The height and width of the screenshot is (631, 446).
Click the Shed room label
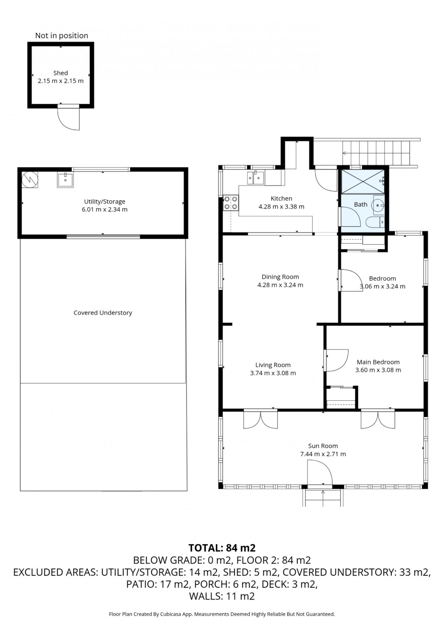pos(61,73)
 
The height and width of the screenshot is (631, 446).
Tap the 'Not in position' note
pos(61,35)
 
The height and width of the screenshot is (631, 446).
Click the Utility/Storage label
pos(104,202)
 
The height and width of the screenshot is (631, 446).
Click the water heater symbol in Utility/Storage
pos(30,179)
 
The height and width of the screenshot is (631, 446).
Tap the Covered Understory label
pos(103,313)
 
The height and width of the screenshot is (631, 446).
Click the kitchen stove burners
pos(231,203)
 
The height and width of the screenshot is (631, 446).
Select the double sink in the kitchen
pos(256,178)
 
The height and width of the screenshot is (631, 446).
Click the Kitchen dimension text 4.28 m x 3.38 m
pos(281,207)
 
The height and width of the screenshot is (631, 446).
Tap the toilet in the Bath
pos(375,222)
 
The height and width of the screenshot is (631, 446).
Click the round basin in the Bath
pos(378,205)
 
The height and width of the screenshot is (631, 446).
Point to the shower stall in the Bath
pos(363,181)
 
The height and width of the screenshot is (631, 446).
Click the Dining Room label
pos(280,277)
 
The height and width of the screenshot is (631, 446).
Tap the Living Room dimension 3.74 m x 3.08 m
pos(273,373)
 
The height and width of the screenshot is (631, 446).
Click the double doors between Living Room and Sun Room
pos(260,419)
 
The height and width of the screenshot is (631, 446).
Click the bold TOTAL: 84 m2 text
pos(222,548)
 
